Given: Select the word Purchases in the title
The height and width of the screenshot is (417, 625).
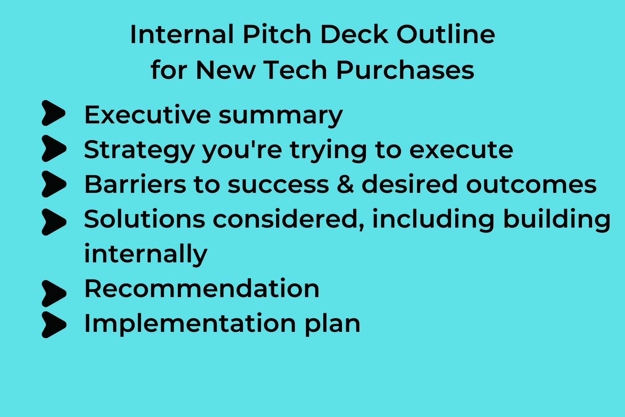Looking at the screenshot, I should click(405, 70).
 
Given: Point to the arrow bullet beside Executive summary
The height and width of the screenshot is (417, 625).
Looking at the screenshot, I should click(53, 113).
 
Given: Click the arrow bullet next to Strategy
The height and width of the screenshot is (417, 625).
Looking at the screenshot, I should click(53, 149).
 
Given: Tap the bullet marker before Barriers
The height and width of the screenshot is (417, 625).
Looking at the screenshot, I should click(53, 184).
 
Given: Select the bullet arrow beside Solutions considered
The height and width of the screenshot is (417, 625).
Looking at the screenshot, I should click(53, 221).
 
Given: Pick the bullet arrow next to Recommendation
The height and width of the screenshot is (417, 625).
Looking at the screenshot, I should click(53, 293).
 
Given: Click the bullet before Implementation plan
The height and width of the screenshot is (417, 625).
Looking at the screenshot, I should click(53, 325).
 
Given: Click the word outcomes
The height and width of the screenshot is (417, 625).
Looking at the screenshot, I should click(531, 184).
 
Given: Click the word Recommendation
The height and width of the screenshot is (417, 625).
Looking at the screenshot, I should click(202, 288).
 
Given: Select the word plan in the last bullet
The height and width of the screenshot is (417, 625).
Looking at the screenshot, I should click(332, 324).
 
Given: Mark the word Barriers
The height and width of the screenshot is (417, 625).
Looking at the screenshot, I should click(135, 184).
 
